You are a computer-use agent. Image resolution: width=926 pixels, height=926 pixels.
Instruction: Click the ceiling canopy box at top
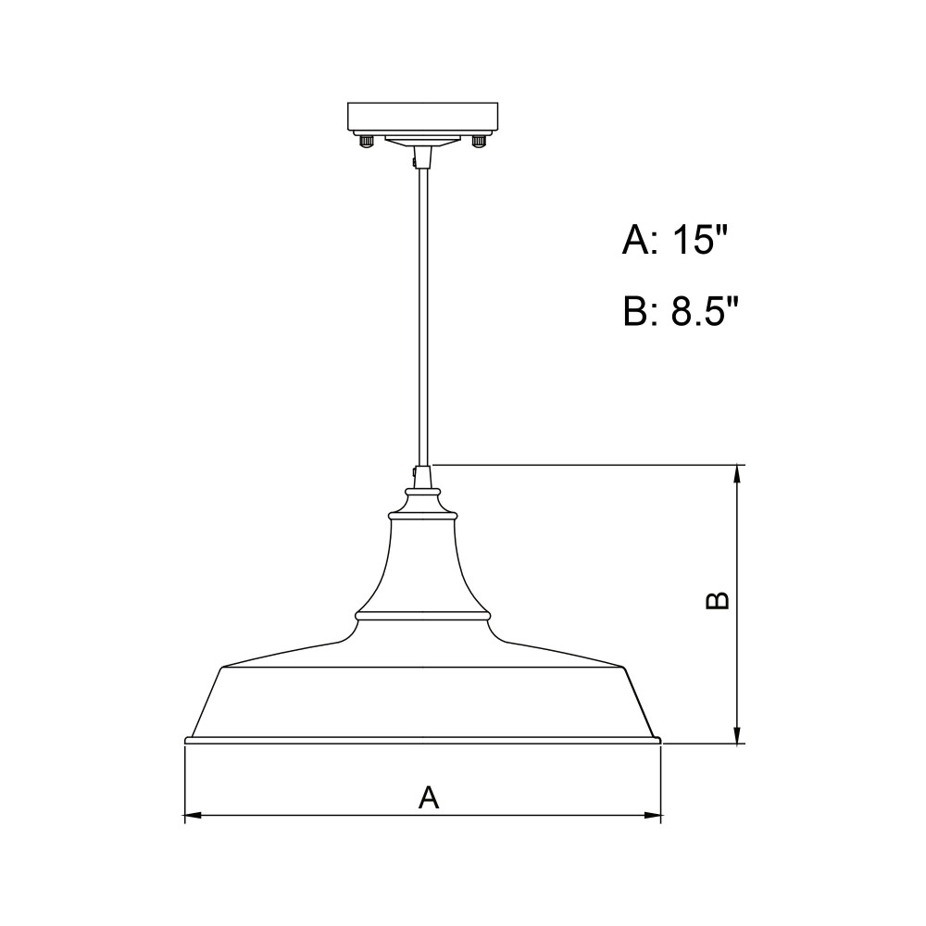tap(423, 119)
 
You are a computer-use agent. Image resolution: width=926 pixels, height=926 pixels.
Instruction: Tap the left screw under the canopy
tap(367, 142)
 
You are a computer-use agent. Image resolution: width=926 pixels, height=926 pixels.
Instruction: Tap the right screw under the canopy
tap(479, 142)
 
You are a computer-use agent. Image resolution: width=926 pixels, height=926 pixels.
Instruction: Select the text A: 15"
tap(674, 239)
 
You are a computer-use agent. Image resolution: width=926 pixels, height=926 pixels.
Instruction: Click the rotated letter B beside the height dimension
tap(719, 600)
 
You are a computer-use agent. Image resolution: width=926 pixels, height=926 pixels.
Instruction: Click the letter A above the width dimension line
tap(429, 797)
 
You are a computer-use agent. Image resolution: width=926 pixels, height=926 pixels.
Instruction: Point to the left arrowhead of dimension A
tap(194, 816)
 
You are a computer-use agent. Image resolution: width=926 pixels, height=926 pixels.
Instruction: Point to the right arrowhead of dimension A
tap(653, 816)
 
